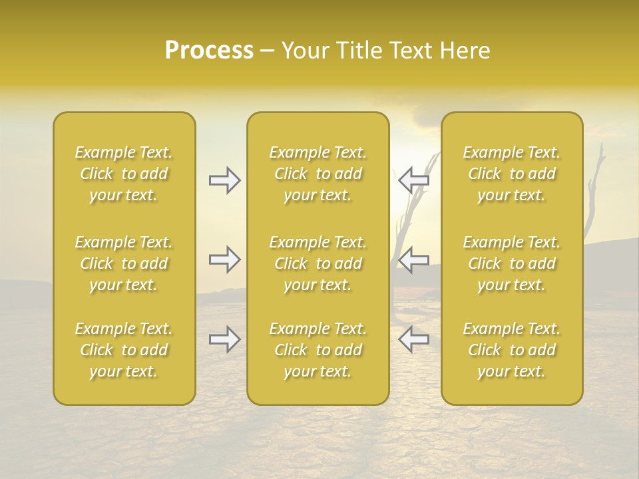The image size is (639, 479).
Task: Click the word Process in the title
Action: pos(209,51)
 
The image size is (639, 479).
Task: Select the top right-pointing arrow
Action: pos(225,180)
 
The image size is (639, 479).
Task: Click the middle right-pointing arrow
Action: pos(225,259)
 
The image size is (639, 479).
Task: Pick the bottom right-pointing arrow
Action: pos(225,339)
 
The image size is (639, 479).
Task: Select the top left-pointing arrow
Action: pos(413,180)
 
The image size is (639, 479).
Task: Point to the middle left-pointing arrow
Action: pos(413,259)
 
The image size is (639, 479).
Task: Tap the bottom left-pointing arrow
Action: pos(413,339)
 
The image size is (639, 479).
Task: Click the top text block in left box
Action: pos(124,174)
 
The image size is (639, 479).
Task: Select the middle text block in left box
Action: pos(124,263)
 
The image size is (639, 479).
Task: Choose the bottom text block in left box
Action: pos(124,350)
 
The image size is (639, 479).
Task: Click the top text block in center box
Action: pos(318,174)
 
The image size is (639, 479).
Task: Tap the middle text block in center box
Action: pos(318,263)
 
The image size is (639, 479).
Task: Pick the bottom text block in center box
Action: pos(318,350)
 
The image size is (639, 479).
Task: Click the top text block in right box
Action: pos(512,174)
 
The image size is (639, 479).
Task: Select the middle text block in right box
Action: pos(512,263)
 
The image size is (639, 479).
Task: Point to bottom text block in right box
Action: pos(512,350)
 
